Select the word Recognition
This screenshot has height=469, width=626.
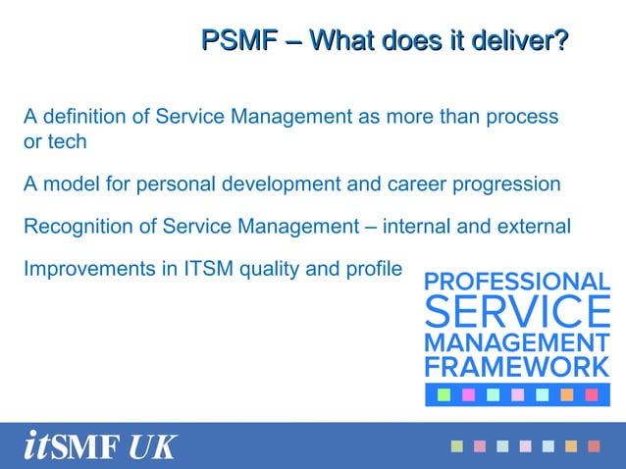pyautogui.click(x=78, y=227)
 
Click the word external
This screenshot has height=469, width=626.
pyautogui.click(x=535, y=227)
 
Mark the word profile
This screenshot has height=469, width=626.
pyautogui.click(x=374, y=268)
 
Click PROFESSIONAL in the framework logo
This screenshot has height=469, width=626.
pyautogui.click(x=517, y=282)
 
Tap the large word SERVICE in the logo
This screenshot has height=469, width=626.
pyautogui.click(x=517, y=312)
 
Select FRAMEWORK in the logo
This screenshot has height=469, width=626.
pyautogui.click(x=517, y=367)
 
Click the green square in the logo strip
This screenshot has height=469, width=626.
pyautogui.click(x=443, y=394)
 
